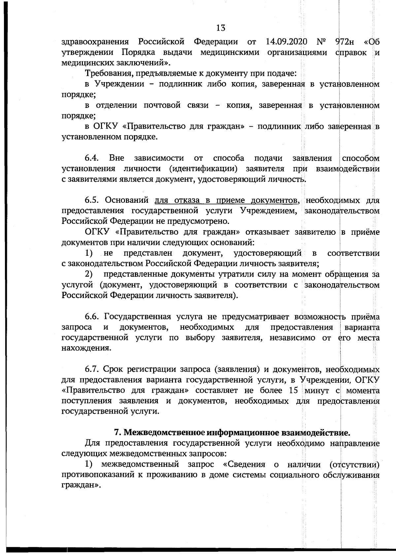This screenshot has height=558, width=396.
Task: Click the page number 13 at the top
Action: tap(221, 28)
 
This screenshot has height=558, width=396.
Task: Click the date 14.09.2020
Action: tap(286, 42)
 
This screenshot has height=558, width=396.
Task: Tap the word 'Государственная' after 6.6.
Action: tap(138, 317)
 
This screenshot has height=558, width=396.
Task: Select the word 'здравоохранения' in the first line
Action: tap(95, 42)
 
